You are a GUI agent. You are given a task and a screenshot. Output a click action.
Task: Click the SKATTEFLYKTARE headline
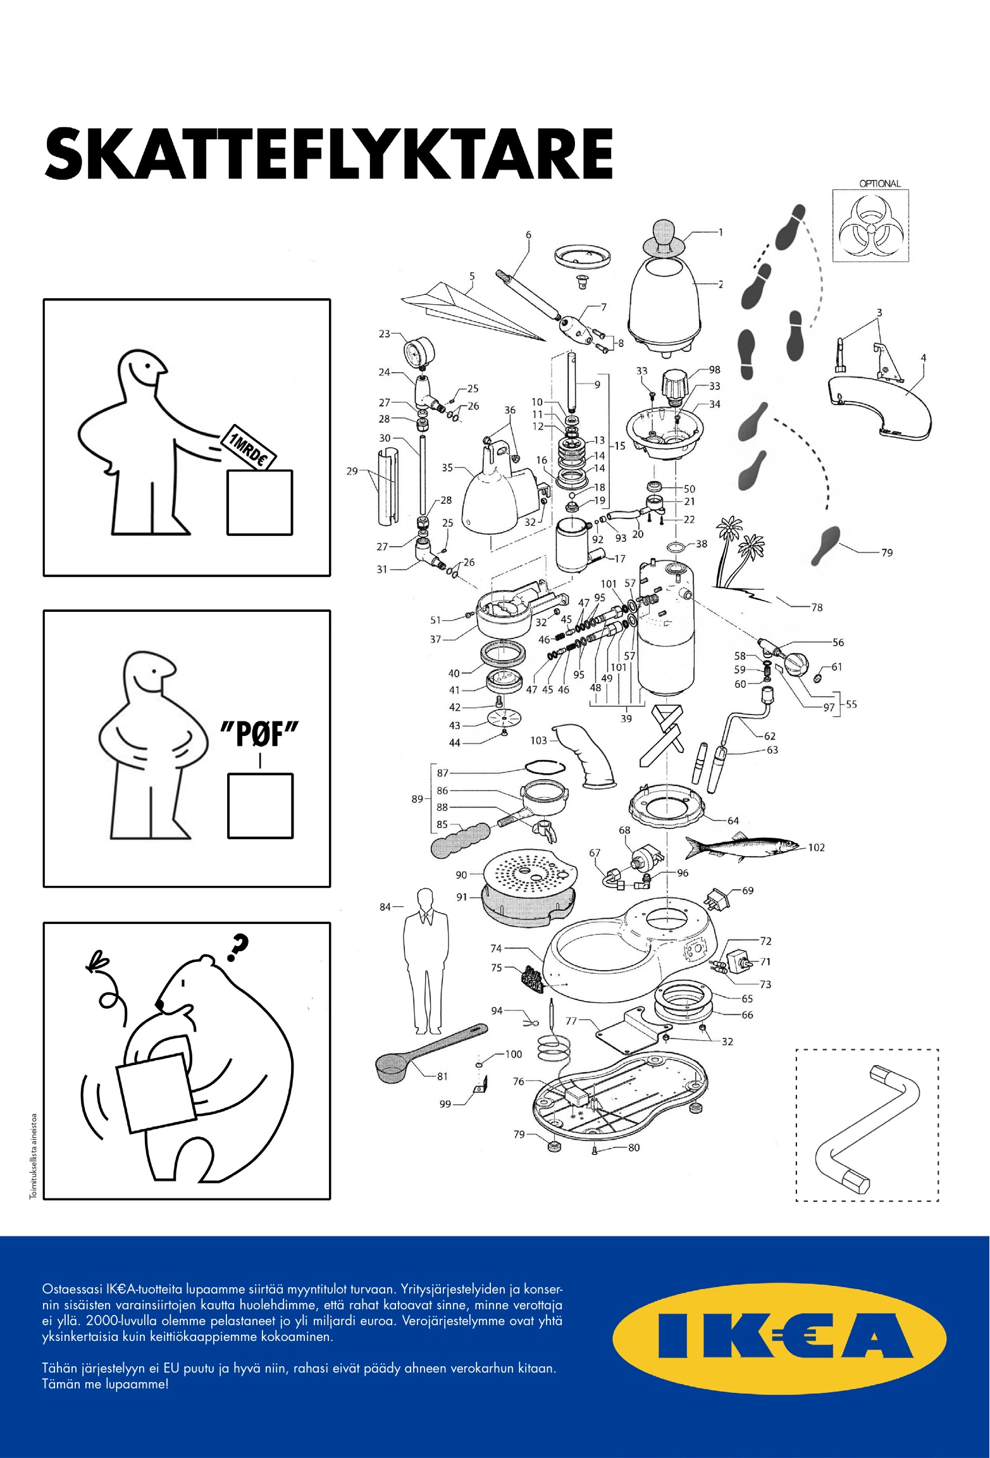click(x=328, y=154)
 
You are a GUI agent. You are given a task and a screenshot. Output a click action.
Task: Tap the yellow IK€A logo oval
click(x=779, y=1338)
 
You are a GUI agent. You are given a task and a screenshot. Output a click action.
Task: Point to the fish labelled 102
click(x=743, y=847)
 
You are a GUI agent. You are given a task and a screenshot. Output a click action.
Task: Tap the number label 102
click(x=817, y=847)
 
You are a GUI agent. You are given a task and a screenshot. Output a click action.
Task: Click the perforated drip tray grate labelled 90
click(x=527, y=870)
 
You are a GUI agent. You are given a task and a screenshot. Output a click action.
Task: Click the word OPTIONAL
click(x=879, y=184)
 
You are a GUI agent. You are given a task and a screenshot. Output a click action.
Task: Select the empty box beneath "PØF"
click(x=260, y=806)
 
